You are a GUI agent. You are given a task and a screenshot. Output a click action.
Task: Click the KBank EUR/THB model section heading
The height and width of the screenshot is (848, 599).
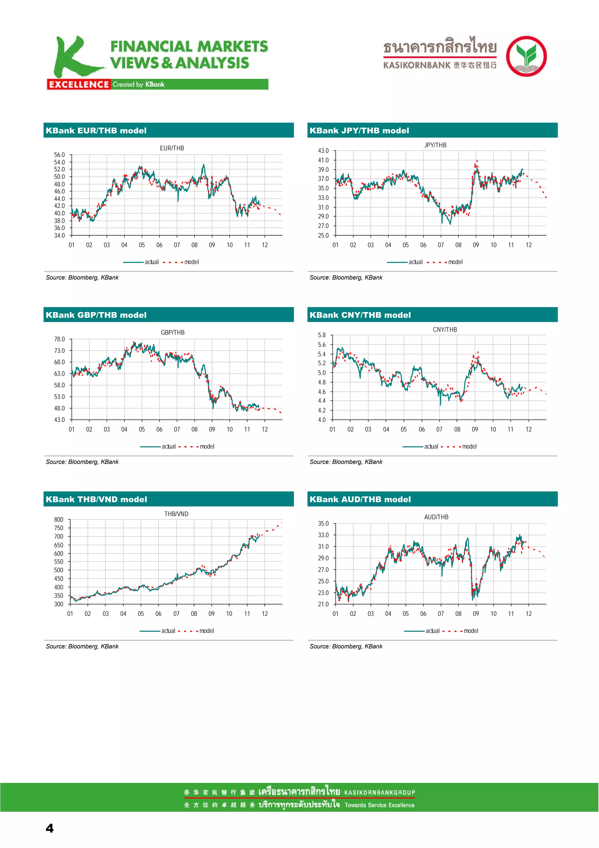[x=96, y=131]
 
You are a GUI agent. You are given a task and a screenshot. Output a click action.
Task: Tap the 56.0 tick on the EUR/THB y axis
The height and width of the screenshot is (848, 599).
[x=59, y=155]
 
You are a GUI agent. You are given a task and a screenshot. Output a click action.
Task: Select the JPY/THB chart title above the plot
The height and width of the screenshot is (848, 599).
[x=435, y=145]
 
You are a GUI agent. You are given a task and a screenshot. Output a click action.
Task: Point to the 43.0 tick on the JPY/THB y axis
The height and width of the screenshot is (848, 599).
[x=323, y=151]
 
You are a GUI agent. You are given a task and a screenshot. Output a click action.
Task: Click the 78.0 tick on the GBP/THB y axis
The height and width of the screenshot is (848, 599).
[x=59, y=339]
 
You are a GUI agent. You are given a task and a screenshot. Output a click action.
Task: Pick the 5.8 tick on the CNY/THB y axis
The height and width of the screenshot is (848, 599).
[x=322, y=335]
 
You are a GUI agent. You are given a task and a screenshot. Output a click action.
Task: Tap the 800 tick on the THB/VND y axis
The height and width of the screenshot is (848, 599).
[x=59, y=520]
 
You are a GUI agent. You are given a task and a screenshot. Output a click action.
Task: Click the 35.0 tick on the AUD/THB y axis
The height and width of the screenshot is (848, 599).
[x=323, y=523]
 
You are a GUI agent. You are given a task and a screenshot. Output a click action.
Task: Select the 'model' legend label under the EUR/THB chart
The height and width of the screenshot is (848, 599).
[x=192, y=262]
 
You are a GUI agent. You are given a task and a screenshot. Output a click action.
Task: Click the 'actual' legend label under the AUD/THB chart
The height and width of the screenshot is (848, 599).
[x=432, y=631]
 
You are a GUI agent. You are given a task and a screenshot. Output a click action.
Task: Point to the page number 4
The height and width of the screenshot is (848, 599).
[x=49, y=828]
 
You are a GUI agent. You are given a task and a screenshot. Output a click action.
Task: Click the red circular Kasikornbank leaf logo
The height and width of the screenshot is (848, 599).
[x=526, y=56]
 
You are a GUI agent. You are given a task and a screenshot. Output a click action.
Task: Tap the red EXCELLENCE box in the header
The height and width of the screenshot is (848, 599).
[x=79, y=85]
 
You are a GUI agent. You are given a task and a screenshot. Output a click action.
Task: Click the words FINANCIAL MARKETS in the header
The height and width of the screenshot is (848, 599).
[x=189, y=47]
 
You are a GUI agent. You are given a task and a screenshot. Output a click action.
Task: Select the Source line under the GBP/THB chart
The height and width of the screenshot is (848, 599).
[x=82, y=462]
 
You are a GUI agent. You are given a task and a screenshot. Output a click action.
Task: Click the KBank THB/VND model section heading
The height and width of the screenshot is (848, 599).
[x=96, y=499]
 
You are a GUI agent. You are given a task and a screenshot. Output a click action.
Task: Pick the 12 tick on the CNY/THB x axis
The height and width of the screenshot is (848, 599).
[x=529, y=429]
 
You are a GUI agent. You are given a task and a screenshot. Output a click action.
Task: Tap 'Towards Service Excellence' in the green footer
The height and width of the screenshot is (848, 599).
[x=379, y=805]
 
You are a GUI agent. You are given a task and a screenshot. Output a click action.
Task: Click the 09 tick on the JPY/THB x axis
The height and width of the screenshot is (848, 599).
[x=476, y=245]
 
